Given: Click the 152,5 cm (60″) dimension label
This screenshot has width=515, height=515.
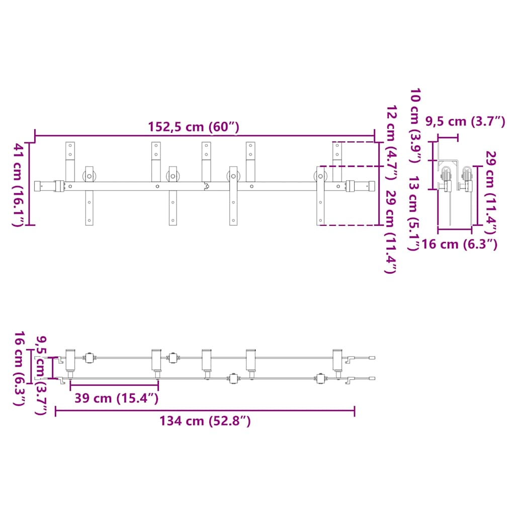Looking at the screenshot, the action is pyautogui.click(x=194, y=127).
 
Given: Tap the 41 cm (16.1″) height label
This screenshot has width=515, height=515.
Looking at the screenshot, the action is pyautogui.click(x=18, y=185).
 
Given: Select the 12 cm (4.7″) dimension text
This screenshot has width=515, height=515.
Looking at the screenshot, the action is pyautogui.click(x=391, y=143).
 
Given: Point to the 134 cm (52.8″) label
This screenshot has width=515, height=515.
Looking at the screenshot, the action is pyautogui.click(x=205, y=421).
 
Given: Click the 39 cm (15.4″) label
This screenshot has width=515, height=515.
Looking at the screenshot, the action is pyautogui.click(x=117, y=398).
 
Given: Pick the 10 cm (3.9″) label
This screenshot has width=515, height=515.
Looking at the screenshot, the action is pyautogui.click(x=415, y=125).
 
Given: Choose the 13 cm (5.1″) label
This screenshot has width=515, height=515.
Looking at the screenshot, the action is pyautogui.click(x=413, y=213).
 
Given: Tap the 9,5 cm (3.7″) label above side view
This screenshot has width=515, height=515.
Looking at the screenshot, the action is pyautogui.click(x=465, y=122).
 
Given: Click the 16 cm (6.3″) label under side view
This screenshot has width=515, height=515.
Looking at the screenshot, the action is pyautogui.click(x=459, y=244).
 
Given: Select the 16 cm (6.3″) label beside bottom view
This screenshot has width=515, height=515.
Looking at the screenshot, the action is pyautogui.click(x=19, y=368).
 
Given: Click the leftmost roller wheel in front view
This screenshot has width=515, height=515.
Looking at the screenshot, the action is pyautogui.click(x=90, y=177).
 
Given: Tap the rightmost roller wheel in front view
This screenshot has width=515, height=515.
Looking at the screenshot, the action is pyautogui.click(x=320, y=177).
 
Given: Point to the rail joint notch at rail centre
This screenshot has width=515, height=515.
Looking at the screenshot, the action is pyautogui.click(x=207, y=187).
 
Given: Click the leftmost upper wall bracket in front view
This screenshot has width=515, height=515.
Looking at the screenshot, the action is pyautogui.click(x=70, y=162).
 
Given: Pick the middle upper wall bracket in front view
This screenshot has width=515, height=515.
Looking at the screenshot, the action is pyautogui.click(x=206, y=162).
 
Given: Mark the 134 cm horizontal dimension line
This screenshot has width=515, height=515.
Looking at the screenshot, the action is pyautogui.click(x=205, y=410).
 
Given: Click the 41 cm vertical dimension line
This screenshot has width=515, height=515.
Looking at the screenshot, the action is pyautogui.click(x=30, y=184).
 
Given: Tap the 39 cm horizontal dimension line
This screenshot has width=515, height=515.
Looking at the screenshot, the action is pyautogui.click(x=114, y=385).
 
